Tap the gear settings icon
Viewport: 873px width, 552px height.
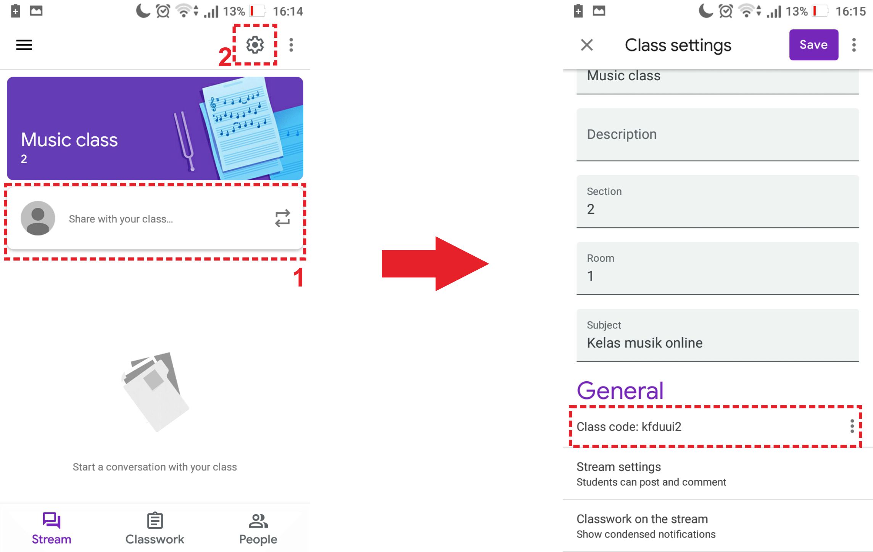(x=255, y=45)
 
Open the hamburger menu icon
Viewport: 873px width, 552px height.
(x=24, y=45)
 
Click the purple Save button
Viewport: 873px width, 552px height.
(x=813, y=45)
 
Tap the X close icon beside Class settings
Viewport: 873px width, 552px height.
(x=587, y=45)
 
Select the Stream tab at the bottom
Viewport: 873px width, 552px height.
(x=52, y=528)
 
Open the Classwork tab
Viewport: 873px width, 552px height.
(x=155, y=528)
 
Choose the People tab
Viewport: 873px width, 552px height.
(x=258, y=528)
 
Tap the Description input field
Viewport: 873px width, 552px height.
(x=718, y=134)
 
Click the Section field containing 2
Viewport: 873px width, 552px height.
(x=718, y=201)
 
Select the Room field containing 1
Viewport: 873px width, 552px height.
(x=718, y=268)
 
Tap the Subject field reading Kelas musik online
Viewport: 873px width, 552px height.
(x=718, y=335)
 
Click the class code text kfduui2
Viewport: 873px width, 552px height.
(x=662, y=426)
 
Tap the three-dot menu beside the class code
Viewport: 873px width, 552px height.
(x=852, y=426)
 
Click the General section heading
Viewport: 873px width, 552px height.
(x=620, y=390)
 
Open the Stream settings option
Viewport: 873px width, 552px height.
(x=651, y=474)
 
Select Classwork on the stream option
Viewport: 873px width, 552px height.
(x=646, y=526)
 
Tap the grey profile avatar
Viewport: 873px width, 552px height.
(x=38, y=218)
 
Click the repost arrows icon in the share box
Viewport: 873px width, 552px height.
(x=283, y=218)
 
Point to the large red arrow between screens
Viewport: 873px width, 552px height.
(x=435, y=264)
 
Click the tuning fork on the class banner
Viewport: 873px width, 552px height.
(x=184, y=141)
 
